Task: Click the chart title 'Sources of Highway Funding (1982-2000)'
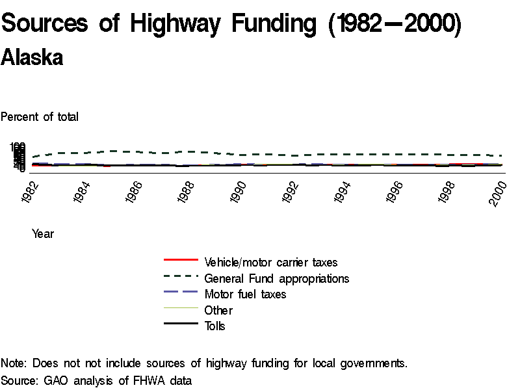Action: tap(231, 24)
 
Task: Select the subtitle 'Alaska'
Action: tap(32, 57)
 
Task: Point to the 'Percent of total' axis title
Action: tap(40, 117)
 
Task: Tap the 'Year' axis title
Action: tap(43, 234)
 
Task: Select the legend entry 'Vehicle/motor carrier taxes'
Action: tap(270, 263)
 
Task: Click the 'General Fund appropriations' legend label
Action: tap(276, 278)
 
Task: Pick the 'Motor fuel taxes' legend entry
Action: tap(245, 294)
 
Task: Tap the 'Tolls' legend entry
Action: tap(214, 326)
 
